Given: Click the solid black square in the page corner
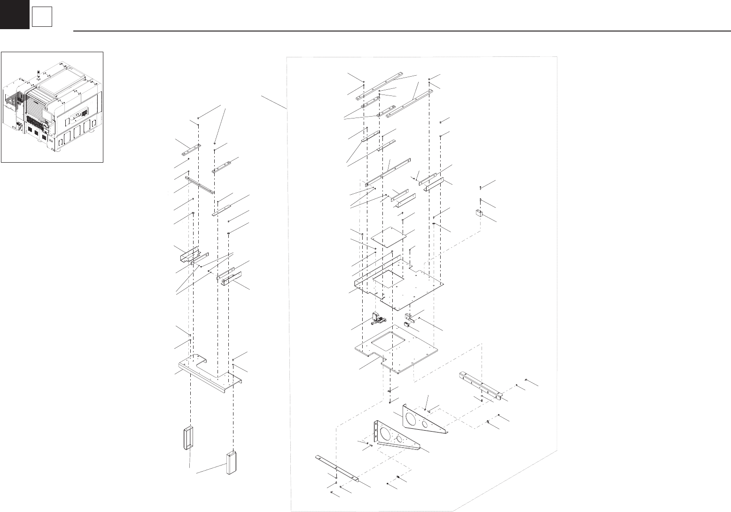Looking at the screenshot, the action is tap(14, 14).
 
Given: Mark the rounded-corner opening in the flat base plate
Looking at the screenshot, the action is tap(388, 340).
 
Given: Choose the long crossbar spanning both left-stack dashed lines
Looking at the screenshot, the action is tap(200, 185).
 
